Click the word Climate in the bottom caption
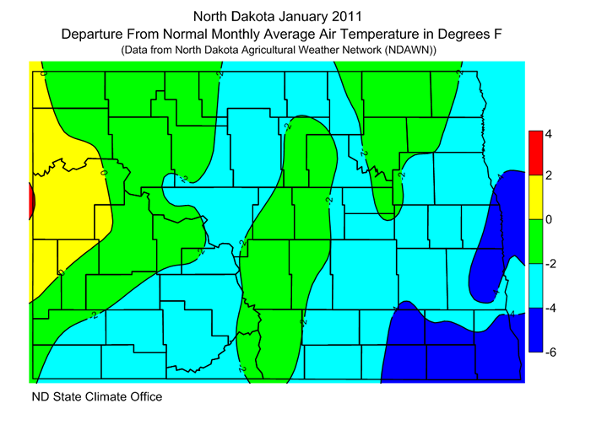100,395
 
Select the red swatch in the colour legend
534,153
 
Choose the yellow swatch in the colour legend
534,196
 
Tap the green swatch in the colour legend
534,241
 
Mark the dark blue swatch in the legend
534,330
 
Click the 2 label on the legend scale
549,175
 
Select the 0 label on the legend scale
549,220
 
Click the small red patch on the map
31,202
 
